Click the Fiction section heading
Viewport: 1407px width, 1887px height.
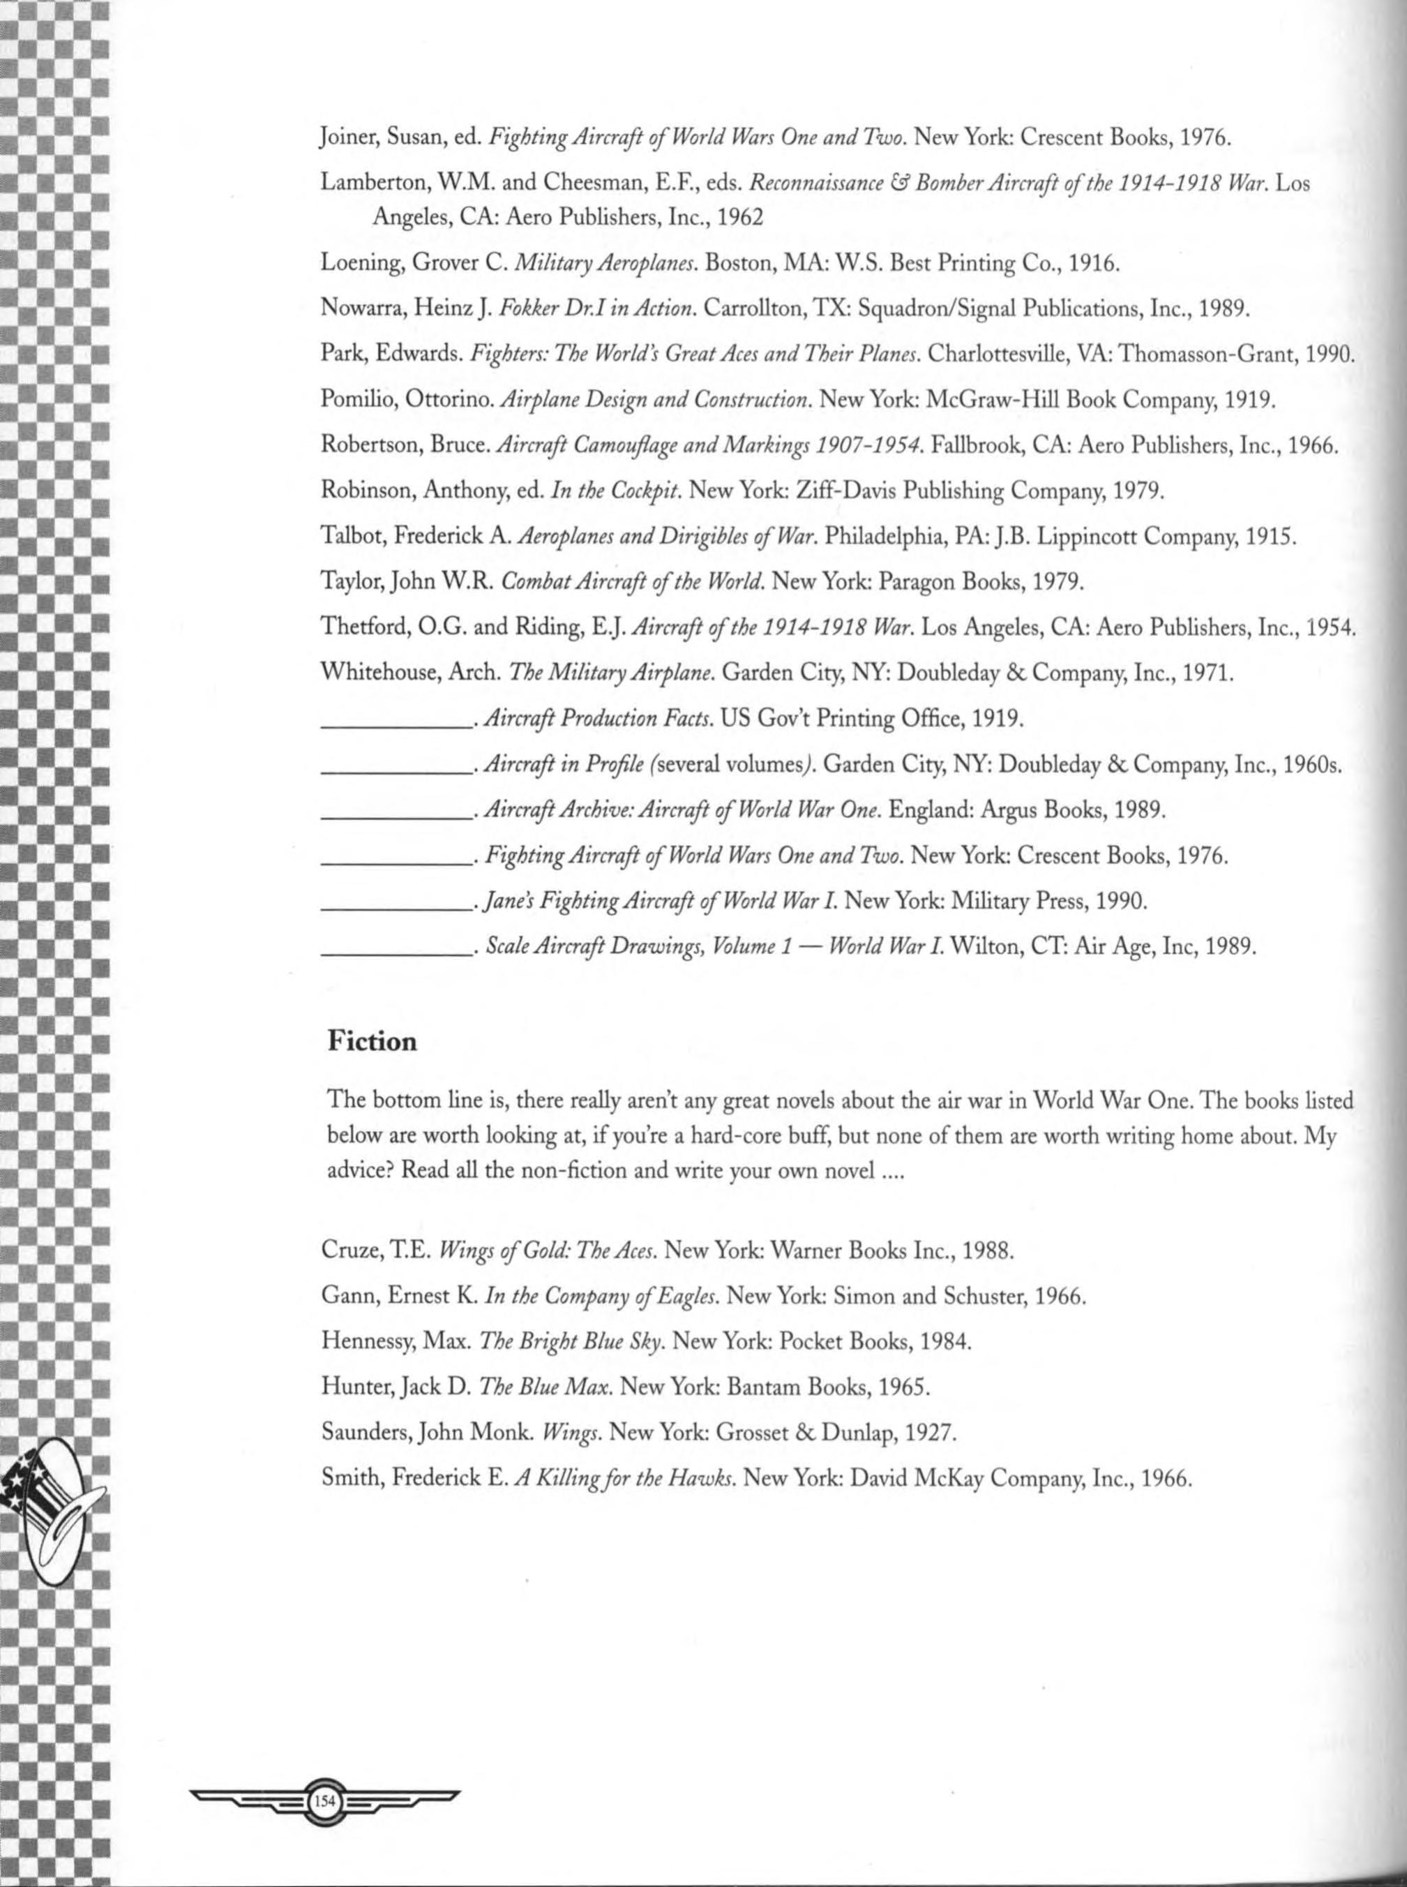coord(373,1041)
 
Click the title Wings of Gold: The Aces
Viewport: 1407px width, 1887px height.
coord(547,1251)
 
